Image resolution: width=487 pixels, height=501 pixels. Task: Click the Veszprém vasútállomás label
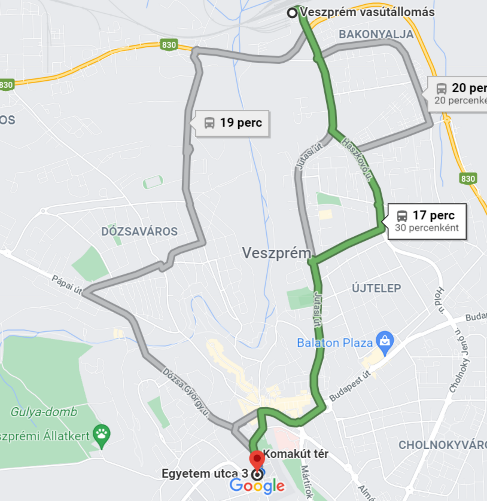pyautogui.click(x=367, y=12)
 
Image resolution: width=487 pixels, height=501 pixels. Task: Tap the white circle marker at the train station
pyautogui.click(x=292, y=13)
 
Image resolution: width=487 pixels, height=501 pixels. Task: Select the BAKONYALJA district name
pyautogui.click(x=376, y=34)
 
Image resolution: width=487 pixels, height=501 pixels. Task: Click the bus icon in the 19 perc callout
pyautogui.click(x=209, y=123)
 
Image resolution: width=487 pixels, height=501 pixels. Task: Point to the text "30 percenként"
pyautogui.click(x=427, y=228)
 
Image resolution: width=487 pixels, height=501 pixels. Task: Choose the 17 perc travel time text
pyautogui.click(x=433, y=215)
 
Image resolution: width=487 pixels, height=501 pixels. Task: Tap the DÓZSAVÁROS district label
pyautogui.click(x=139, y=231)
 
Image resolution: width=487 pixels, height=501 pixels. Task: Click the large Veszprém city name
pyautogui.click(x=276, y=253)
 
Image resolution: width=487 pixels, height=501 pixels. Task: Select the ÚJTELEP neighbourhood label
pyautogui.click(x=377, y=288)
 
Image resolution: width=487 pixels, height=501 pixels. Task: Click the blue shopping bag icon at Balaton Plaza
pyautogui.click(x=385, y=341)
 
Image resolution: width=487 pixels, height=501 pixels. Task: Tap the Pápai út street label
pyautogui.click(x=67, y=285)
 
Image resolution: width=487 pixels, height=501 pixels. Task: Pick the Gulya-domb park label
pyautogui.click(x=44, y=412)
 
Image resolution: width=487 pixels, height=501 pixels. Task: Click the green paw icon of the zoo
pyautogui.click(x=102, y=434)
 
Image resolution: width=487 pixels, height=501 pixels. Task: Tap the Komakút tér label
pyautogui.click(x=296, y=454)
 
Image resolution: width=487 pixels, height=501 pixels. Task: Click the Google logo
pyautogui.click(x=257, y=486)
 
